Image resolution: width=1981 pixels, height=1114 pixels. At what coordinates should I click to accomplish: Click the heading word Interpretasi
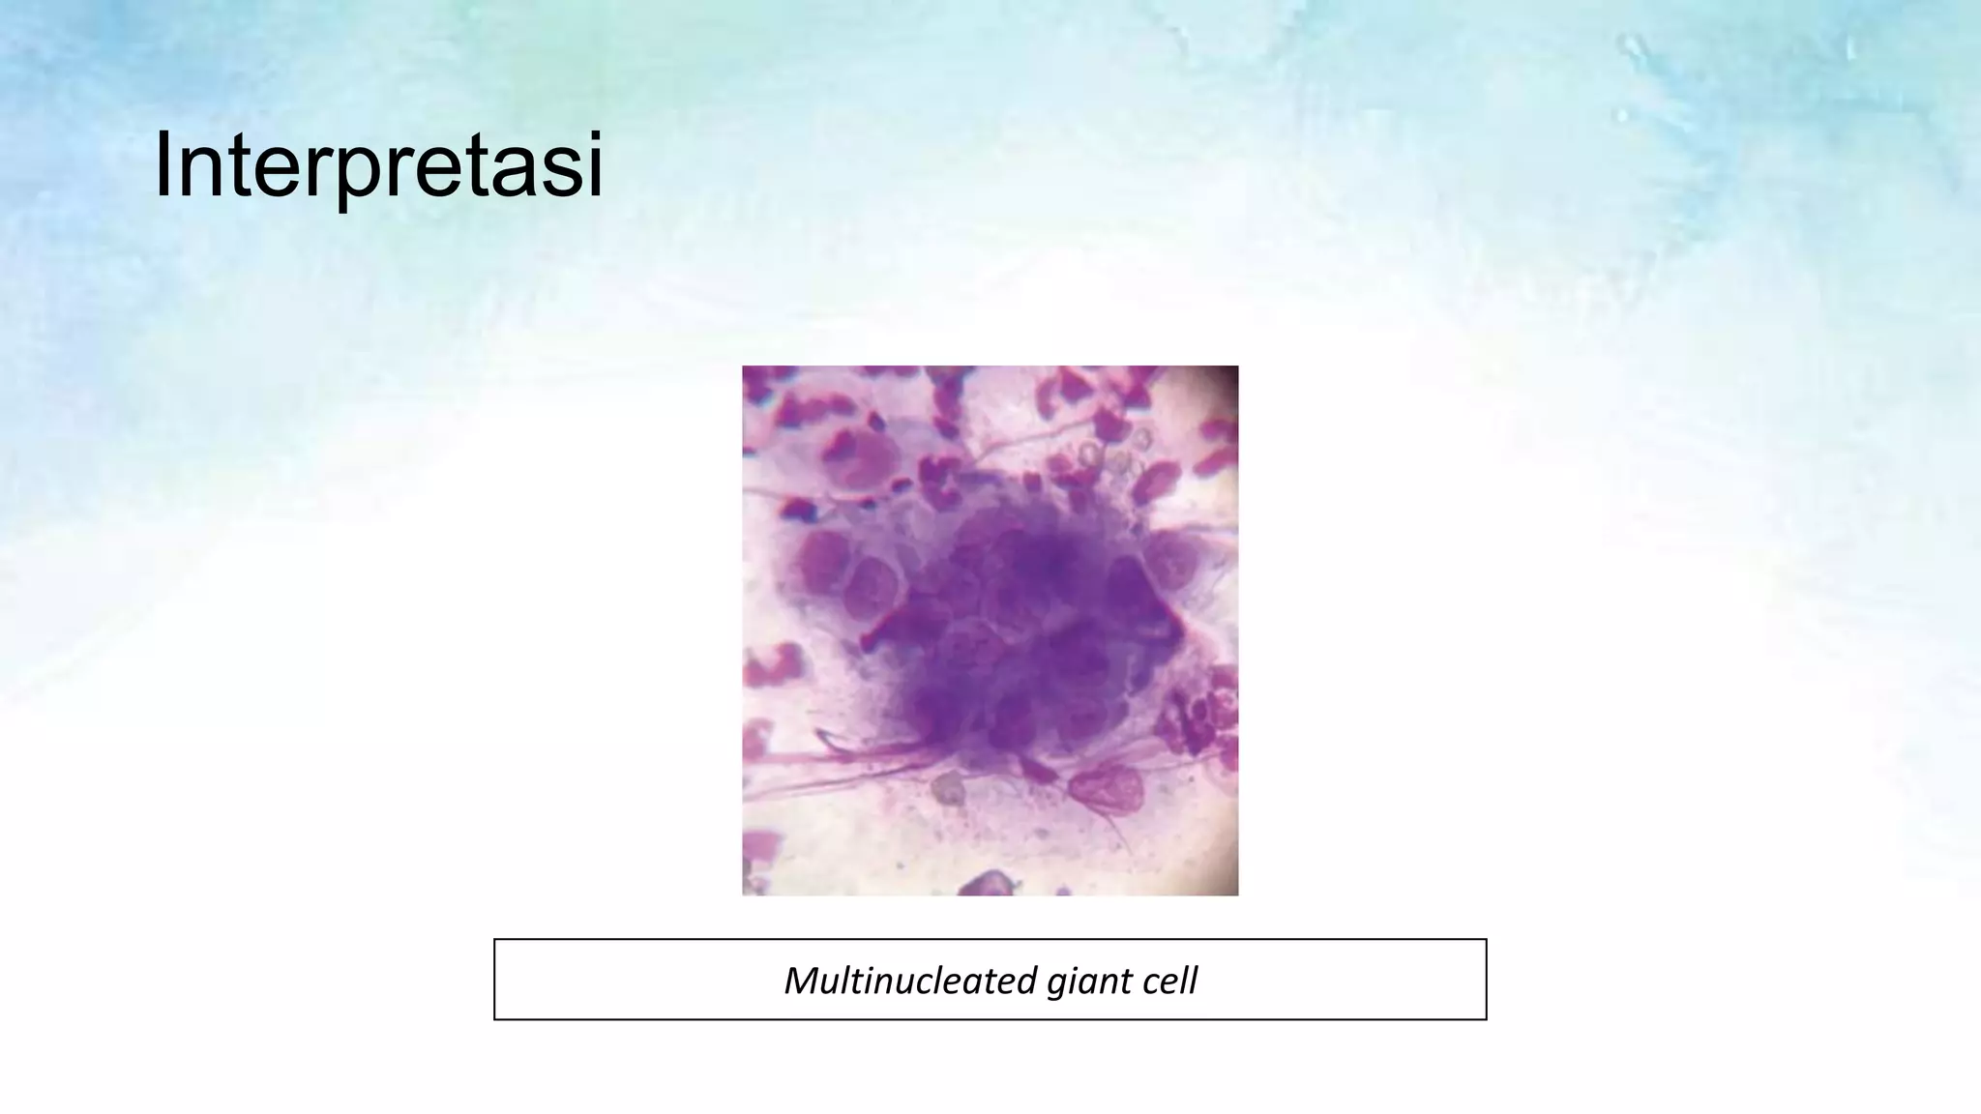click(378, 167)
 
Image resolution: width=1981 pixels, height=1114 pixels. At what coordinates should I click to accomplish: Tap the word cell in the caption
click(1169, 981)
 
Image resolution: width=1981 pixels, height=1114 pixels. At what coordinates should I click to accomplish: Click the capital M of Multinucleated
click(801, 981)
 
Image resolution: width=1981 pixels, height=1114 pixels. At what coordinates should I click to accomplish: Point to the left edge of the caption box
click(495, 979)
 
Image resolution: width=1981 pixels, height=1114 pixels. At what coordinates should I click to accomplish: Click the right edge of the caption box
click(1485, 979)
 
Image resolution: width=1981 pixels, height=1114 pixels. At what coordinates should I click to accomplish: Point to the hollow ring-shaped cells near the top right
click(1112, 454)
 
